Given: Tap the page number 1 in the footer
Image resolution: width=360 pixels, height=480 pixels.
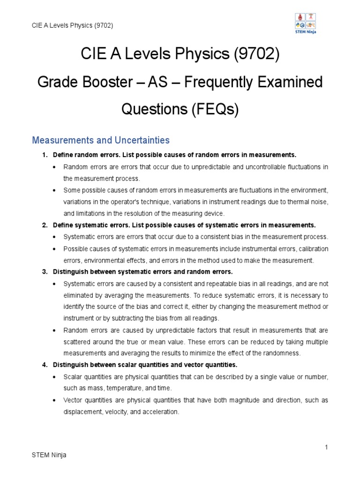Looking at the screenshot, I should pyautogui.click(x=326, y=447).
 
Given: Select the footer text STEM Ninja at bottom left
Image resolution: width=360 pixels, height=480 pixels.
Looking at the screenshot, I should pyautogui.click(x=49, y=455).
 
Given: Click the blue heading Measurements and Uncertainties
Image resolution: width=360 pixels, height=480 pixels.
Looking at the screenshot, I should pyautogui.click(x=100, y=140).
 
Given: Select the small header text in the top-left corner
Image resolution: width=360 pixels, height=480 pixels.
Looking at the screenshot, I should pyautogui.click(x=72, y=25).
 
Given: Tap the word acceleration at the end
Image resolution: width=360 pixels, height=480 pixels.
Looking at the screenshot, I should pyautogui.click(x=161, y=412).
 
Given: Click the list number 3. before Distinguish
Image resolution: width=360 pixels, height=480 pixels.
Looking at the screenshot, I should pyautogui.click(x=45, y=271).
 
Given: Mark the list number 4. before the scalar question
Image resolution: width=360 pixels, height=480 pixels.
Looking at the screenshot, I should pyautogui.click(x=45, y=365).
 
